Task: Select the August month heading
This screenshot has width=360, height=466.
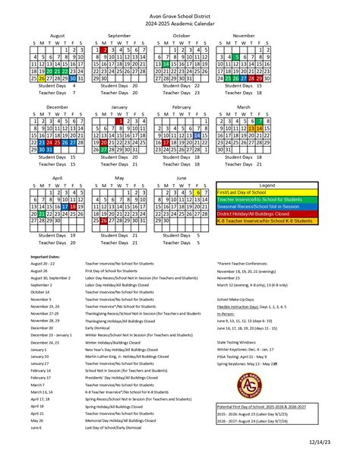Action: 58,36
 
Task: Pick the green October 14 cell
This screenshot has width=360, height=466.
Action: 166,64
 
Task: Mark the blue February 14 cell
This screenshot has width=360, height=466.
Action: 197,134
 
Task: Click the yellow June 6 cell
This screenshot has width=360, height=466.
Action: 197,192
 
